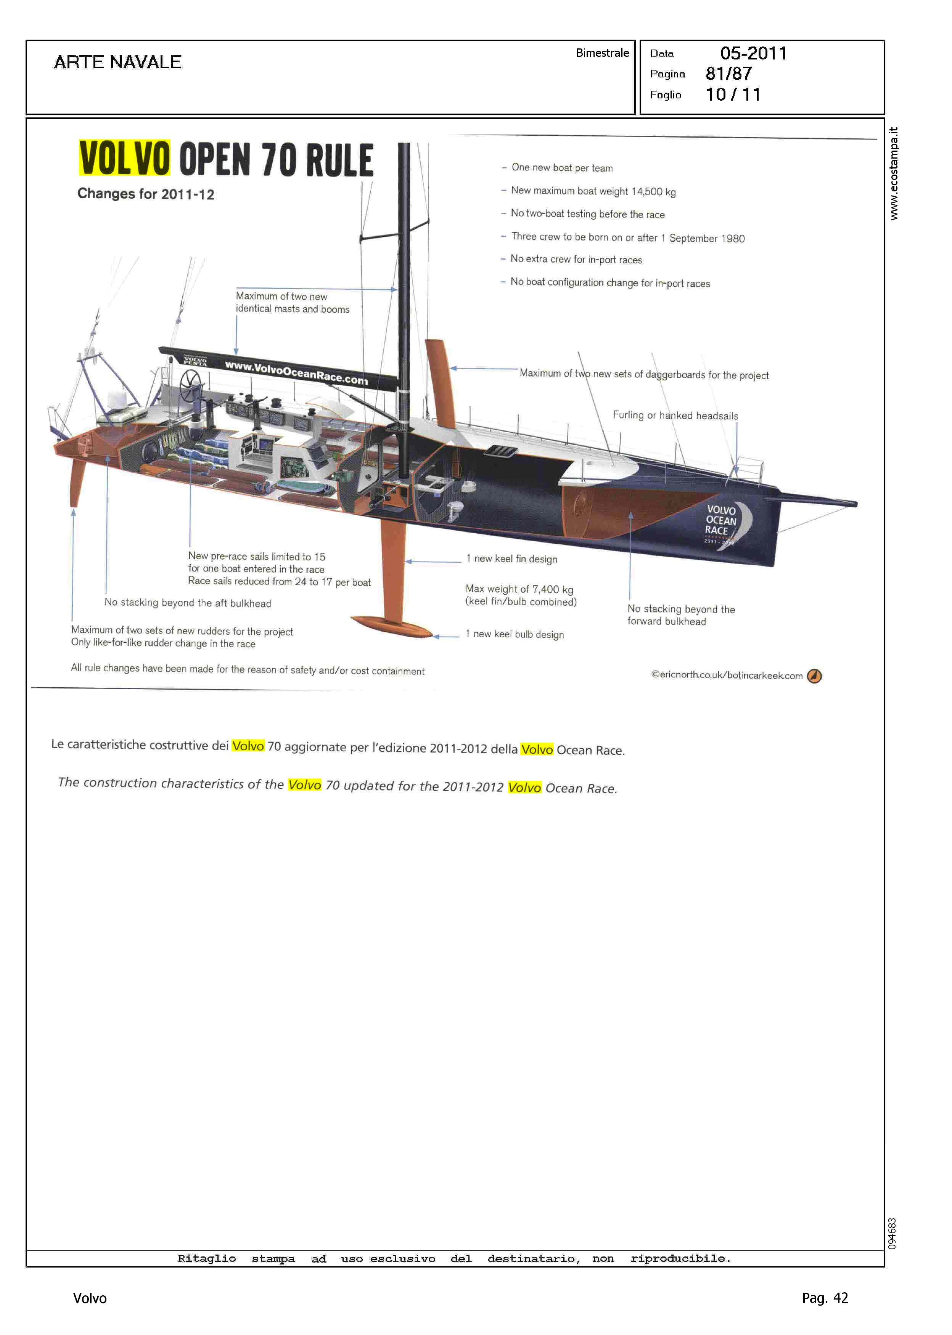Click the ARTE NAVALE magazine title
(117, 62)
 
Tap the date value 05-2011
(753, 53)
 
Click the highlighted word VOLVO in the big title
(124, 158)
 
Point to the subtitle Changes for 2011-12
(145, 194)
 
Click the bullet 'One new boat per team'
(561, 167)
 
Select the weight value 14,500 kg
(653, 191)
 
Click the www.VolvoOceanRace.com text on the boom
(296, 372)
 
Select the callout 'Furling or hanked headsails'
(675, 415)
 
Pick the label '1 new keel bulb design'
(515, 634)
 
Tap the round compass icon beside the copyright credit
(814, 676)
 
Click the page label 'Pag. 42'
(825, 1298)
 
